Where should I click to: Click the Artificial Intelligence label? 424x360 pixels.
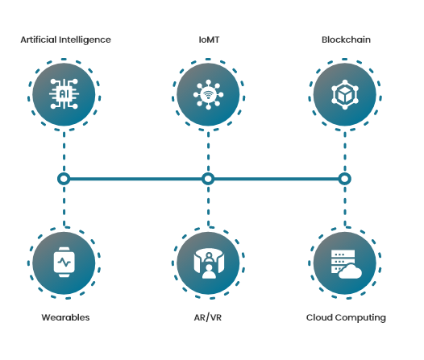coord(66,40)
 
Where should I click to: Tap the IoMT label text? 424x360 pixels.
coord(209,39)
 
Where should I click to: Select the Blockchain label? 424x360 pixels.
coord(346,39)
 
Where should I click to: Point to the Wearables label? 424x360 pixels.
coord(65,317)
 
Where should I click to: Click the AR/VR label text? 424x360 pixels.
coord(208,317)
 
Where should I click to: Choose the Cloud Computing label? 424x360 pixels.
coord(346,318)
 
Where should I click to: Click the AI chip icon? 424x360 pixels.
coord(64,94)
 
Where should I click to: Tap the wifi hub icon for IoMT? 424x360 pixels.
coord(208,94)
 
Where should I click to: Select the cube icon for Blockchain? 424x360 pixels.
coord(345,94)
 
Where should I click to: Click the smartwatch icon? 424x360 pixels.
coord(64,262)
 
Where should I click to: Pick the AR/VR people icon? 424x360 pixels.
coord(209,263)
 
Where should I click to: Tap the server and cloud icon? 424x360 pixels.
coord(346,264)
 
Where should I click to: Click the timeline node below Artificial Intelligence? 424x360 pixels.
coord(64,179)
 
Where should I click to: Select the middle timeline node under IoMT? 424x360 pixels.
coord(208,179)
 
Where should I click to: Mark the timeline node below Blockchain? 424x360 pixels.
coord(345,179)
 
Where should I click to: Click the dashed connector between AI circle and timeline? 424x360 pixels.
coord(64,151)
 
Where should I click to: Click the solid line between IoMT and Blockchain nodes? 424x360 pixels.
coord(276,179)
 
